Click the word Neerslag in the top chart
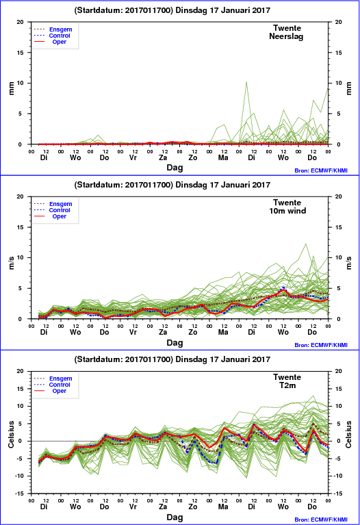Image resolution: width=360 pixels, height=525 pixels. (x=286, y=36)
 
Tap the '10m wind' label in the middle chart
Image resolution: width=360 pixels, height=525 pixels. (x=287, y=211)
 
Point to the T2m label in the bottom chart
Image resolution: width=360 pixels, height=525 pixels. (x=287, y=385)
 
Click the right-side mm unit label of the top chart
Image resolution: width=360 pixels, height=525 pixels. (x=349, y=88)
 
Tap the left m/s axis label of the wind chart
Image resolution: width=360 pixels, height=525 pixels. (x=11, y=263)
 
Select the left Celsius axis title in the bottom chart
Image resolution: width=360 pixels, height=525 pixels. (x=11, y=434)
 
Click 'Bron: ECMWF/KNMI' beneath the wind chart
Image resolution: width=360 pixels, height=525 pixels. (x=321, y=345)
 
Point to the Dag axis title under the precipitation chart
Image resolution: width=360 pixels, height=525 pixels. (x=175, y=168)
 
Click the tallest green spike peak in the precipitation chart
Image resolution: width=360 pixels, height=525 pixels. (x=246, y=81)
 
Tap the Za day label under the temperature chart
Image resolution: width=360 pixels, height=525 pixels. (x=163, y=507)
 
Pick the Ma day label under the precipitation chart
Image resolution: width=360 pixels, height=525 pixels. (x=223, y=157)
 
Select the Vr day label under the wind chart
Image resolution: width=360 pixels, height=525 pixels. (x=133, y=332)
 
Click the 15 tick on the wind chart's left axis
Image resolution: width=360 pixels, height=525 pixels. (x=21, y=227)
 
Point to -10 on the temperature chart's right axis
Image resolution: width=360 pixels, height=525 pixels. (x=337, y=476)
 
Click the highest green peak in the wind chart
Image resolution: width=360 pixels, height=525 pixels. (x=305, y=244)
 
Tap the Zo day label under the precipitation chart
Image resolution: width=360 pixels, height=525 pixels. (x=193, y=157)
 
